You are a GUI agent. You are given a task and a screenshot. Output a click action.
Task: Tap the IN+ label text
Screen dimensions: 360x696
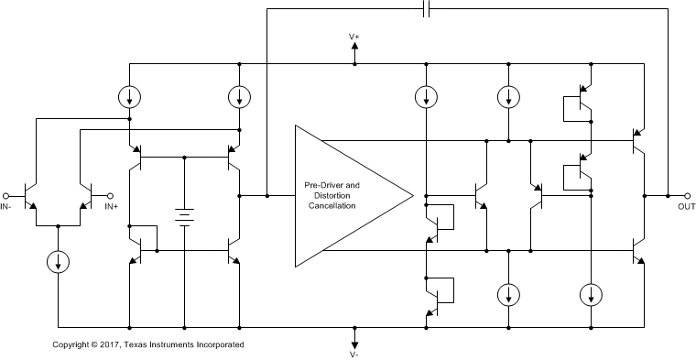[x=111, y=207]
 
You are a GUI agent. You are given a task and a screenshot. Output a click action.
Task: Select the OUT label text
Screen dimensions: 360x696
[x=687, y=207]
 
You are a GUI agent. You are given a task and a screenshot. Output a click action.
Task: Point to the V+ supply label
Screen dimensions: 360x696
[x=354, y=37]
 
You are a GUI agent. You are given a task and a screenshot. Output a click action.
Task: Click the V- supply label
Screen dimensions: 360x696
[x=354, y=353]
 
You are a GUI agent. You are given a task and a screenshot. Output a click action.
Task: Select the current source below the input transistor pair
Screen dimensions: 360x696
[x=57, y=261]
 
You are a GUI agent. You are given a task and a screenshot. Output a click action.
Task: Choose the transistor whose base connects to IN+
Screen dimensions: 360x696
[x=84, y=195]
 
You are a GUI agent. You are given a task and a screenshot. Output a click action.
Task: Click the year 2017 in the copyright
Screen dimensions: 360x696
[x=111, y=344]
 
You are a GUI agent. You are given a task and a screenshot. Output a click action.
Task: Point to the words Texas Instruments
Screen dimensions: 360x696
[x=169, y=344]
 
